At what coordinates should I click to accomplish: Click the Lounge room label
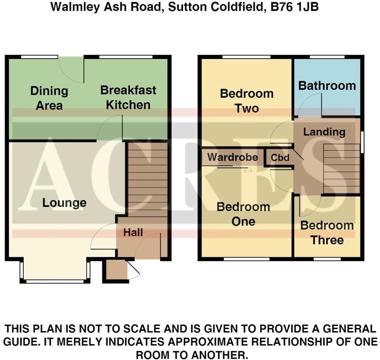point(64,203)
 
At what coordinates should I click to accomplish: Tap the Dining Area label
point(49,98)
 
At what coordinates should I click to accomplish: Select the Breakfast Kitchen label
point(128,97)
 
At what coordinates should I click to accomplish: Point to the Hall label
point(133,233)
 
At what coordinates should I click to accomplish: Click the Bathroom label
point(327,86)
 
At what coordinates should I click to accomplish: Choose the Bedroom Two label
point(246,101)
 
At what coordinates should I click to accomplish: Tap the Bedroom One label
point(243,214)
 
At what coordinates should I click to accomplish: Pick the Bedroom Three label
point(327,233)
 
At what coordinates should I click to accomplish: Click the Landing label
point(324,132)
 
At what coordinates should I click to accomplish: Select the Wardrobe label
point(232,158)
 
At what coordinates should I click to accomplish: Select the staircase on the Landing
point(341,169)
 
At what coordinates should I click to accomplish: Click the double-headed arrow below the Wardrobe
point(248,171)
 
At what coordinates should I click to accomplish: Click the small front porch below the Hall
point(115,270)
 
